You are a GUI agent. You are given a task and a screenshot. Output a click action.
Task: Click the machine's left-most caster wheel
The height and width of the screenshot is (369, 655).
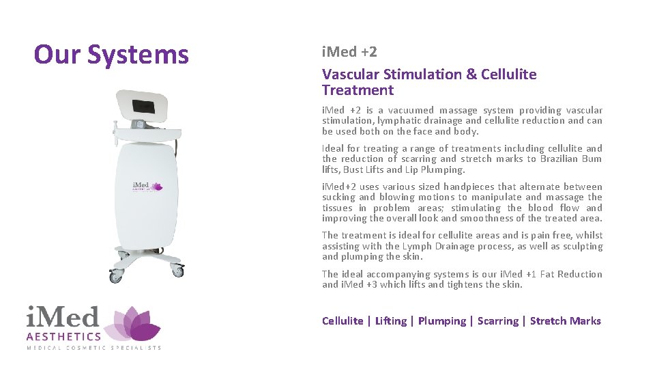tap(115, 277)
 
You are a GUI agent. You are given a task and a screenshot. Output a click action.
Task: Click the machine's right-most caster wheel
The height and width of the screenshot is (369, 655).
tap(178, 271)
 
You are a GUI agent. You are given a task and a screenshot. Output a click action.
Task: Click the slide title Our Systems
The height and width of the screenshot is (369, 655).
tap(111, 54)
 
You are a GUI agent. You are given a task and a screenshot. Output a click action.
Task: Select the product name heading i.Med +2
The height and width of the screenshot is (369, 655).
tap(349, 52)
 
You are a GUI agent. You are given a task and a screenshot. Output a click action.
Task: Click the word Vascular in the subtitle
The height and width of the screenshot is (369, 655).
tap(349, 74)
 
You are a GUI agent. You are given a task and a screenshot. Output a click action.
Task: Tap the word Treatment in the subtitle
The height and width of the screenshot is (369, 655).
tap(358, 90)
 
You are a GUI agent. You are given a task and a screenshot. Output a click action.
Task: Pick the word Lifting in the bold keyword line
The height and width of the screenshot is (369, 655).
tap(390, 320)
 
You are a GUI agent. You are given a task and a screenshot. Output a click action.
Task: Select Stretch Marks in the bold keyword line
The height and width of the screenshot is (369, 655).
tap(565, 320)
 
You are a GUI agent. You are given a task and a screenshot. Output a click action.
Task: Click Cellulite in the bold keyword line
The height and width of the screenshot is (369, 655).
tap(343, 320)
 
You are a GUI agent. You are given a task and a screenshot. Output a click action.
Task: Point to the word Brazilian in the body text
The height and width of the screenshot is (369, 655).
tap(564, 159)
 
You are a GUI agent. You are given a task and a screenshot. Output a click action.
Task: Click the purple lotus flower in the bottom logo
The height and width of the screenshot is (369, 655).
tap(137, 324)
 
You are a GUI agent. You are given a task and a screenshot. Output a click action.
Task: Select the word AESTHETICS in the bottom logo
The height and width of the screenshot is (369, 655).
tap(63, 336)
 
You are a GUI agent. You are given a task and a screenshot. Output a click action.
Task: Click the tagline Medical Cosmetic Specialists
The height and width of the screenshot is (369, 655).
tap(94, 348)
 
